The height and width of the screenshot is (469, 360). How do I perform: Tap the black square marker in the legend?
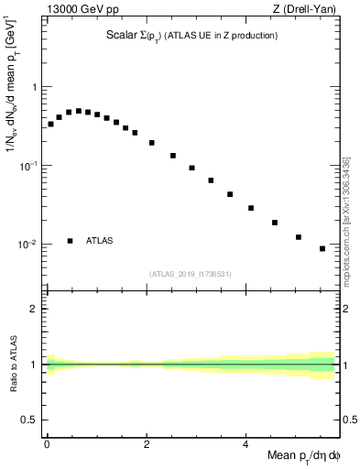click(71, 241)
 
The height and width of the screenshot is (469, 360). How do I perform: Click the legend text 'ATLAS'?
click(100, 241)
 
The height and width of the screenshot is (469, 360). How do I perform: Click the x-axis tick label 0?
click(47, 443)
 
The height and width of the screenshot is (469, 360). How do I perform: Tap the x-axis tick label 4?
click(245, 443)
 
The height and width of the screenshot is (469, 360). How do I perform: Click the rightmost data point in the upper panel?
click(322, 248)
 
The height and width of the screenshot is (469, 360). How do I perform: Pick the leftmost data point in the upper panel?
click(50, 124)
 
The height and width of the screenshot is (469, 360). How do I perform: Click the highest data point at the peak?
click(79, 111)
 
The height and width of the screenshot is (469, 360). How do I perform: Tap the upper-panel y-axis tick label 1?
click(34, 87)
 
